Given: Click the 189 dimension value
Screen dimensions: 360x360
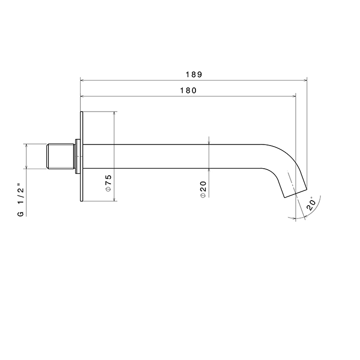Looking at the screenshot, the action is [x=194, y=75].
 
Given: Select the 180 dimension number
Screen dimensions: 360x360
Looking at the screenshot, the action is [x=188, y=91].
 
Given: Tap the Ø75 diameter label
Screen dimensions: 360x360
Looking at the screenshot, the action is [x=108, y=183].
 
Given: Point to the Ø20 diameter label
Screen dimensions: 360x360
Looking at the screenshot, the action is [x=204, y=189].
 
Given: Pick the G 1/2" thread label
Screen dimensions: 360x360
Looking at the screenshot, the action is [x=21, y=200].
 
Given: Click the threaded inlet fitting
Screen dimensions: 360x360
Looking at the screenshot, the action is [x=61, y=156].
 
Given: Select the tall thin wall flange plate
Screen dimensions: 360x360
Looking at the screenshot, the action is [x=81, y=156].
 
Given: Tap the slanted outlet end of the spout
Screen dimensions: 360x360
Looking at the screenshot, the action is [x=296, y=193].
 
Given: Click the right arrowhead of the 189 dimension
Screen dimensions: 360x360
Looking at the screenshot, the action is [x=305, y=80].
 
